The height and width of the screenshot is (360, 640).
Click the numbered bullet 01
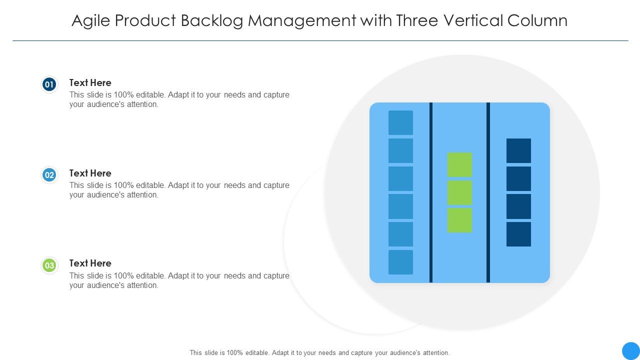[49, 84]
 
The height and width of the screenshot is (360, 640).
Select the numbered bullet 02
[49, 175]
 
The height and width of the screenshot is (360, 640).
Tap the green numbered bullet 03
[49, 265]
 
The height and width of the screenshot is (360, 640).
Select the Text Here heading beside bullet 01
[90, 82]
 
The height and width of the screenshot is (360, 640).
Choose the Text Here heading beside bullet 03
[90, 263]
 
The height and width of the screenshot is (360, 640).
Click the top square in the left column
[400, 122]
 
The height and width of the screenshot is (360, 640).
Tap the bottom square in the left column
[400, 262]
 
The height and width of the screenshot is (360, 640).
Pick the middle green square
[459, 192]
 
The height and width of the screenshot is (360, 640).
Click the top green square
[459, 164]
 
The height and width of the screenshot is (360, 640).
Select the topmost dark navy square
[518, 150]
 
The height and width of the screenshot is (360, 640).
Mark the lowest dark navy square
[518, 234]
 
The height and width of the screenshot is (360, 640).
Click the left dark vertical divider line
[431, 192]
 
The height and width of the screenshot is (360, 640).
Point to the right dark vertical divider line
[488, 192]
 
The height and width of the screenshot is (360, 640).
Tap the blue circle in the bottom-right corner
[630, 350]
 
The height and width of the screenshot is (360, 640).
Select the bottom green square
[459, 220]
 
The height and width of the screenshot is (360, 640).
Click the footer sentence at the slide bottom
[319, 352]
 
